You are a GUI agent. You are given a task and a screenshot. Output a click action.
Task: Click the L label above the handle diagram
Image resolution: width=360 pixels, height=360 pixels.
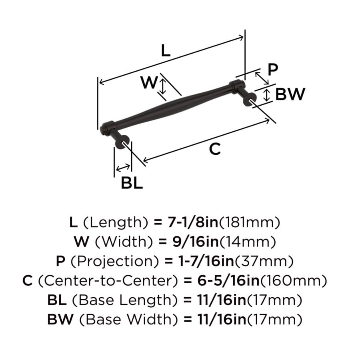[166, 50]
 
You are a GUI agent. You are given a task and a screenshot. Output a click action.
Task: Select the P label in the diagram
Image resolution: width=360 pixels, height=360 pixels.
[273, 69]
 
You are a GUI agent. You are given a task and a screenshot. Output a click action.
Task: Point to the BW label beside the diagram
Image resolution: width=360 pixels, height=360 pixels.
[290, 94]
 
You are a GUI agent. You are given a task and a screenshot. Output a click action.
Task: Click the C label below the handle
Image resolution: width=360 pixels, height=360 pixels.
[215, 149]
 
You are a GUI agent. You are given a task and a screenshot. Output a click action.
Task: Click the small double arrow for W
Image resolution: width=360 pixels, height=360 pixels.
[162, 86]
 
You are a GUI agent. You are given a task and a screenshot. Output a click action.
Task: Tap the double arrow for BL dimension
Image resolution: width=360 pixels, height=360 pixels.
[123, 168]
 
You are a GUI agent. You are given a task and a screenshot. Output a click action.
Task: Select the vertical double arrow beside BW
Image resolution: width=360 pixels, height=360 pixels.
[266, 95]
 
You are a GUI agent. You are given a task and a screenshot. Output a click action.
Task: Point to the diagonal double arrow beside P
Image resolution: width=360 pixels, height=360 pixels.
[262, 78]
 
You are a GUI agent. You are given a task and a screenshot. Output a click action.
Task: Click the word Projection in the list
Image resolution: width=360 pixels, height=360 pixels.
[114, 261]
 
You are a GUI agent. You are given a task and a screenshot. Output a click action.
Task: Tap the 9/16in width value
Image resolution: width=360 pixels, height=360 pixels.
[196, 242]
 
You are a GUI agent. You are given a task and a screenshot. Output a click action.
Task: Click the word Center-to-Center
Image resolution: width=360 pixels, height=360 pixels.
[108, 280]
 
